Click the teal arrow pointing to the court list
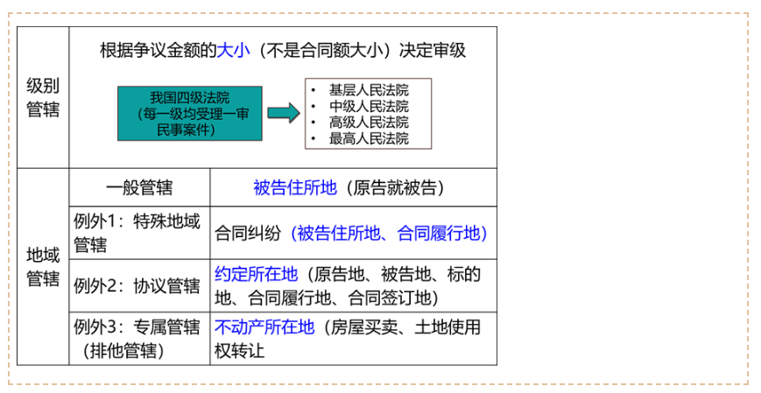[284, 113]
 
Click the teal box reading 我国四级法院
[190, 114]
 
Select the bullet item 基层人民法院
[369, 90]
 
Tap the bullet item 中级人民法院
[369, 106]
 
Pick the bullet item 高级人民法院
[369, 123]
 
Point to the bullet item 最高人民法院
[369, 138]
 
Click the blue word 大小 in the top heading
[233, 51]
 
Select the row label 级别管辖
[43, 97]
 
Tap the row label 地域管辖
[43, 267]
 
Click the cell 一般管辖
[139, 188]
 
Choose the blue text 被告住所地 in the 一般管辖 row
[294, 188]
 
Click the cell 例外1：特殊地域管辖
[137, 233]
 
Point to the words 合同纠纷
[248, 234]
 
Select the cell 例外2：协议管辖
[137, 285]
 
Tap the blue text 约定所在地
[256, 274]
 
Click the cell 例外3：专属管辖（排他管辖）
[137, 339]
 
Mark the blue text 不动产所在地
[264, 327]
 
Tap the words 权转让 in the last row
[239, 351]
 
